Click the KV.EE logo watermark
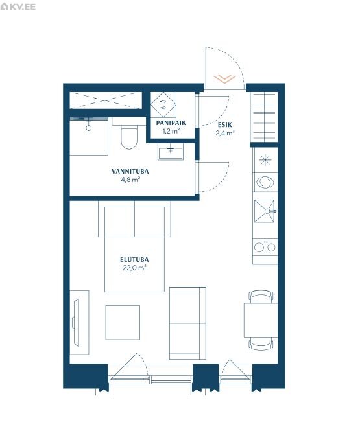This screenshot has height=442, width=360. [18, 6]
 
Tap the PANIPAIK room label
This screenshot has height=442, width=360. [171, 123]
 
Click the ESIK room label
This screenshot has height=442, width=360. [225, 125]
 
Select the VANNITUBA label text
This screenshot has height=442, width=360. [130, 171]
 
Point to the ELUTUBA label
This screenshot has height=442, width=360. [134, 260]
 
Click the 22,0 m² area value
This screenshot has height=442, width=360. [134, 268]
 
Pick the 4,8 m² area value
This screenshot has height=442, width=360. [130, 180]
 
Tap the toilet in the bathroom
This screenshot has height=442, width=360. [129, 137]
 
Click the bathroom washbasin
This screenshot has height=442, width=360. [171, 152]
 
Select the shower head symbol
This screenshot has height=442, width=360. [89, 128]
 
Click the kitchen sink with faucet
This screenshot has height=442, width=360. [265, 211]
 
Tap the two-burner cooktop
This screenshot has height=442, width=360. [265, 247]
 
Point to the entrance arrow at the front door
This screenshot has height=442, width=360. [224, 78]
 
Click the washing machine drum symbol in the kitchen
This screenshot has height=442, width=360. [265, 182]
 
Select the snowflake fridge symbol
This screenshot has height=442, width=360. [265, 160]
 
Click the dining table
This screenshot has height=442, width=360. [261, 320]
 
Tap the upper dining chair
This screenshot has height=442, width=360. [261, 297]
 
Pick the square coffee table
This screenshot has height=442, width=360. [123, 323]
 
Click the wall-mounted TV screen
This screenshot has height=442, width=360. [76, 323]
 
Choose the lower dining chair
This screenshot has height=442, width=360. [261, 343]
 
